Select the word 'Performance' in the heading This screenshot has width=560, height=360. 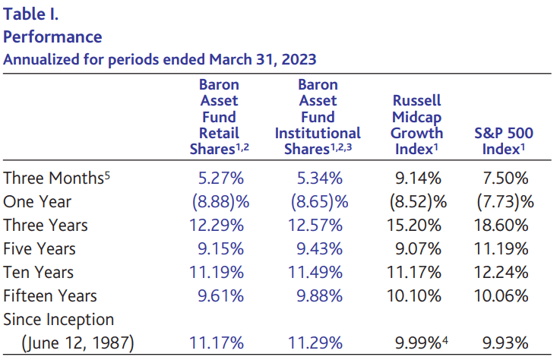[52, 36]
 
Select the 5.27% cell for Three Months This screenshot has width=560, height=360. [220, 178]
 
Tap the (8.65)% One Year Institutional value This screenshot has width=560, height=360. [318, 202]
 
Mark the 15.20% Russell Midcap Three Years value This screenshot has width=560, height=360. [416, 226]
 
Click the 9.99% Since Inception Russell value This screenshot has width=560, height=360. [416, 343]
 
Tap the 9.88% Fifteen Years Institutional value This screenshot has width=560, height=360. [318, 295]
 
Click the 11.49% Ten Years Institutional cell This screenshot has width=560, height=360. [318, 273]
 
